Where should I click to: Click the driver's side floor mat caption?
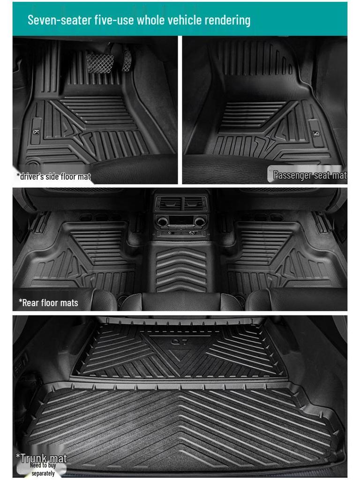[53, 177]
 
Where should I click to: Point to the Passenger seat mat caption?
[309, 175]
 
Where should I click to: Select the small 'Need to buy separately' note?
[43, 469]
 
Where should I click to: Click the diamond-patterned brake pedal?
[99, 62]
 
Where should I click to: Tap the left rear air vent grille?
[168, 203]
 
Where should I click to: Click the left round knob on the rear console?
[163, 221]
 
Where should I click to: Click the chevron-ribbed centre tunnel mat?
[180, 270]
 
